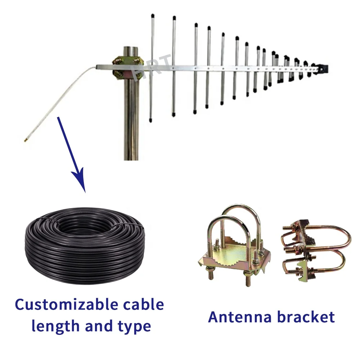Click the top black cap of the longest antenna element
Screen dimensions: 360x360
click(x=153, y=16)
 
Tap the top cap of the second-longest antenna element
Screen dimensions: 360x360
click(x=174, y=17)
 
